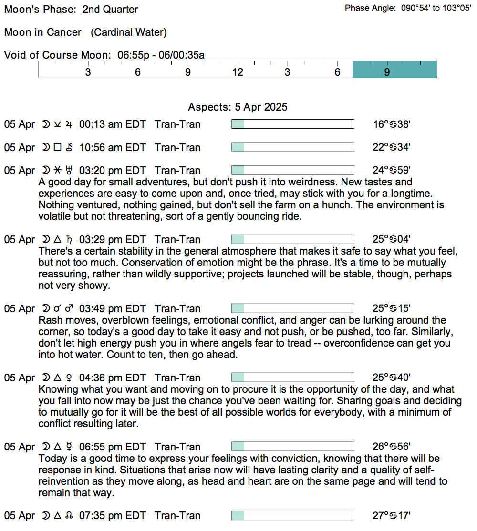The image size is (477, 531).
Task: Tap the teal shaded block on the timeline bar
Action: pos(394,70)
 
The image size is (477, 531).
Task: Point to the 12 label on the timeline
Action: pos(238,72)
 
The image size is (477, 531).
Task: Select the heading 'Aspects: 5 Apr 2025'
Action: pos(238,107)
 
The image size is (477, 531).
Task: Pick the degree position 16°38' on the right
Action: pos(391,124)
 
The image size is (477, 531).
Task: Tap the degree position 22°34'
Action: pos(391,148)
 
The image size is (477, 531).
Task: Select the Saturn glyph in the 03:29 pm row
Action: pos(71,240)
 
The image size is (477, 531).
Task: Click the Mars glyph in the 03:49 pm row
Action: pos(71,309)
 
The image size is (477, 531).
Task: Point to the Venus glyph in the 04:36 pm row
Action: pos(71,378)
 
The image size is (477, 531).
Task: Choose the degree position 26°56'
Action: pos(391,447)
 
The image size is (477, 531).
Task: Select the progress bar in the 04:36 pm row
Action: pos(292,378)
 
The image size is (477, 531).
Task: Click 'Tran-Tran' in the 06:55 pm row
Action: pos(177,447)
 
